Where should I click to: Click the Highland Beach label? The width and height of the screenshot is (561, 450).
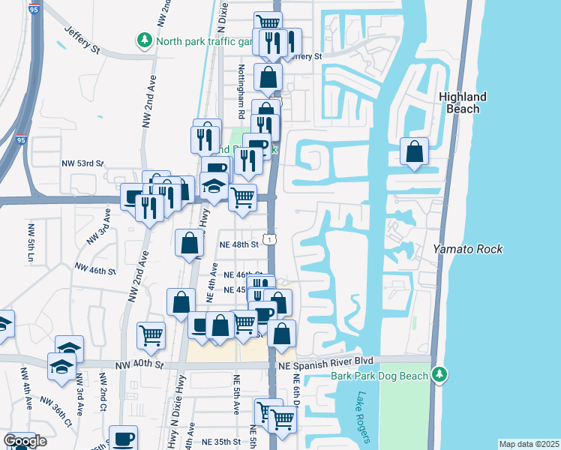coord(463,103)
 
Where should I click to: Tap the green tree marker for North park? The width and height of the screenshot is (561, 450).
coord(143,40)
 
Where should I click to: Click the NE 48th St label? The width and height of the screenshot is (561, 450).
coord(238,244)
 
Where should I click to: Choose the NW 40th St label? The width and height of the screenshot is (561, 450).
coord(139,365)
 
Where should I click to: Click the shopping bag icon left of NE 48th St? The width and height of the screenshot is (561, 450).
coord(190,244)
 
